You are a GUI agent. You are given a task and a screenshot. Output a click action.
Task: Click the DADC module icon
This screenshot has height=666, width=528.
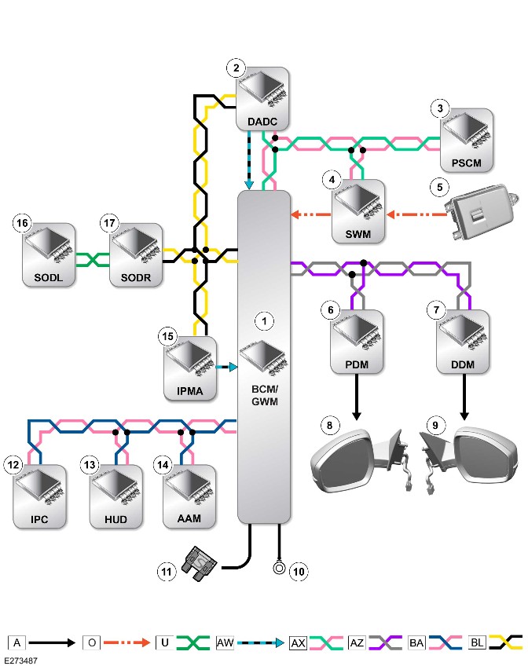262,98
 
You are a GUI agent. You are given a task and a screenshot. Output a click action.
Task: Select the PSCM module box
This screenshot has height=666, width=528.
467,140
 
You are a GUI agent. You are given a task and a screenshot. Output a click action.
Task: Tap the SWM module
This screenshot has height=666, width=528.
358,211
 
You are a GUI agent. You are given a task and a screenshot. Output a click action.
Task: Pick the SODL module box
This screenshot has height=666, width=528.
49,254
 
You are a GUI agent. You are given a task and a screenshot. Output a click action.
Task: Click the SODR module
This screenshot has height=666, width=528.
136,254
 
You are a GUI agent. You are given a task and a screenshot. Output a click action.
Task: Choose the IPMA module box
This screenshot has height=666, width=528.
190,368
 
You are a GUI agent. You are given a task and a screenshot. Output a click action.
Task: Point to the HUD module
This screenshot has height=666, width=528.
116,496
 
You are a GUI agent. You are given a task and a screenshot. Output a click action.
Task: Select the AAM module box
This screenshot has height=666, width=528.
189,496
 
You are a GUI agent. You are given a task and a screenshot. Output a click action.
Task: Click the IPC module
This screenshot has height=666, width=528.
39,496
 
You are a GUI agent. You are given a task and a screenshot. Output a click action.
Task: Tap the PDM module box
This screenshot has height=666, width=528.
357,342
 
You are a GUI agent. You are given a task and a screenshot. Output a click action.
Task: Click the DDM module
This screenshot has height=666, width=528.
463,342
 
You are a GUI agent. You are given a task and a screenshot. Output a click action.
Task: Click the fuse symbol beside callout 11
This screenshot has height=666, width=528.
199,564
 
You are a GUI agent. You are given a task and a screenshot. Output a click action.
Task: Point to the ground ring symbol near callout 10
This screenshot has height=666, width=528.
279,568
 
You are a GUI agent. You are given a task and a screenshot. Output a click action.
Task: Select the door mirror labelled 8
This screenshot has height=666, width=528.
361,460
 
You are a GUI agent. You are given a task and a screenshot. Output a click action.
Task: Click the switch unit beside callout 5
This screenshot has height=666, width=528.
482,212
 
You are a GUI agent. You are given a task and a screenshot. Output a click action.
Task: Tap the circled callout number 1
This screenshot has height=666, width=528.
264,321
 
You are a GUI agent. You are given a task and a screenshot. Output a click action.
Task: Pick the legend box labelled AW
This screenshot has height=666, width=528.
225,642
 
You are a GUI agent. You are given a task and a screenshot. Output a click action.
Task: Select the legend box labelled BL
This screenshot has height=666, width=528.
477,642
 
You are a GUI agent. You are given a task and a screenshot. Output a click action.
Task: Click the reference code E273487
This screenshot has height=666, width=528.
20,661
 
